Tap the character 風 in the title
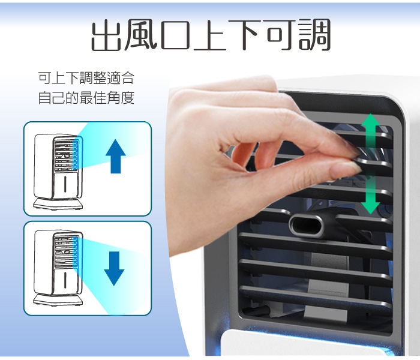(x=140, y=35)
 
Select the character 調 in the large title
(x=315, y=35)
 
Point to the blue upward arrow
(x=116, y=157)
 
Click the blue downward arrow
(x=114, y=269)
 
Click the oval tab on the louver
(x=306, y=226)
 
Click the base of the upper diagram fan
(x=58, y=204)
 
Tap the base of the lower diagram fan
(x=58, y=300)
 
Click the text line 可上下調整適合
(x=86, y=78)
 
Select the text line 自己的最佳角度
(x=86, y=97)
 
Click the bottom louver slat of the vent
(x=316, y=296)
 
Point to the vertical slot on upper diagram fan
(x=65, y=184)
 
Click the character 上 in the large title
(x=210, y=35)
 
